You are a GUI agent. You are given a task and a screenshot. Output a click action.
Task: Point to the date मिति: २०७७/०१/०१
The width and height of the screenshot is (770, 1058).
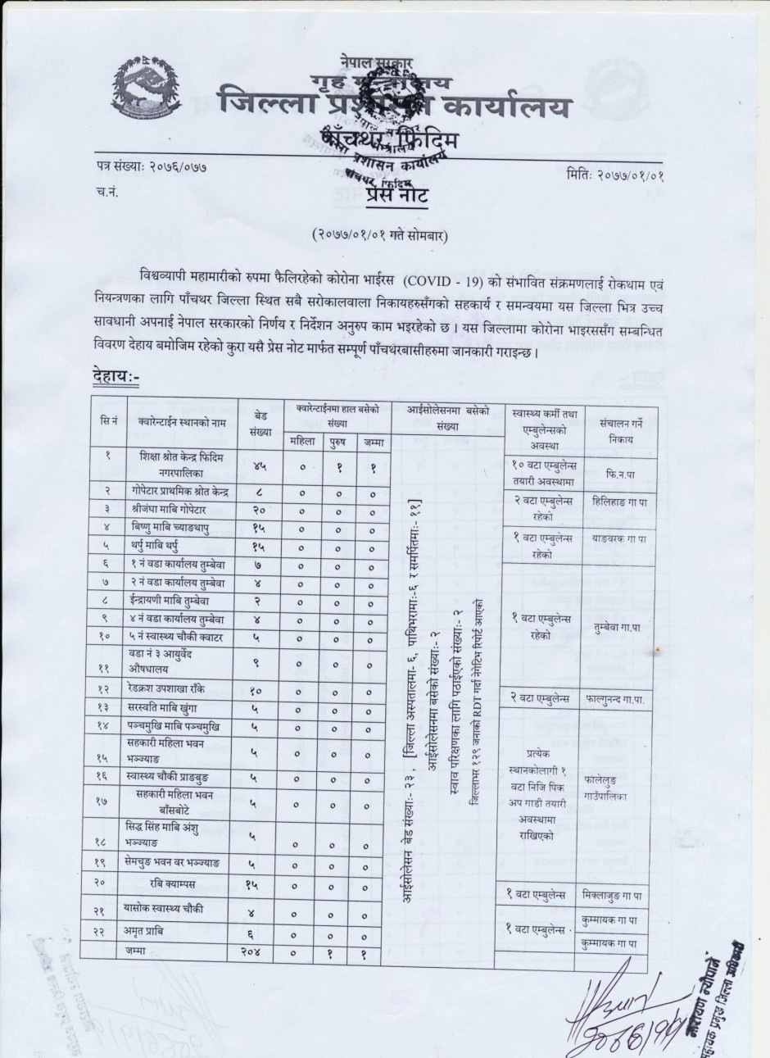point(620,173)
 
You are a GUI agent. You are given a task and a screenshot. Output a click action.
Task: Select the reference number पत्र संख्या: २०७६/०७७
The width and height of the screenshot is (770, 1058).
point(150,168)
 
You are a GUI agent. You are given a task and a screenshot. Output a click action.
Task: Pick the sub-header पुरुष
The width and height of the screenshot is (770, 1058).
point(337,443)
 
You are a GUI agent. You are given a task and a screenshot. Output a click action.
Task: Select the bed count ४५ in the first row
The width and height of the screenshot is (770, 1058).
point(260,465)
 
